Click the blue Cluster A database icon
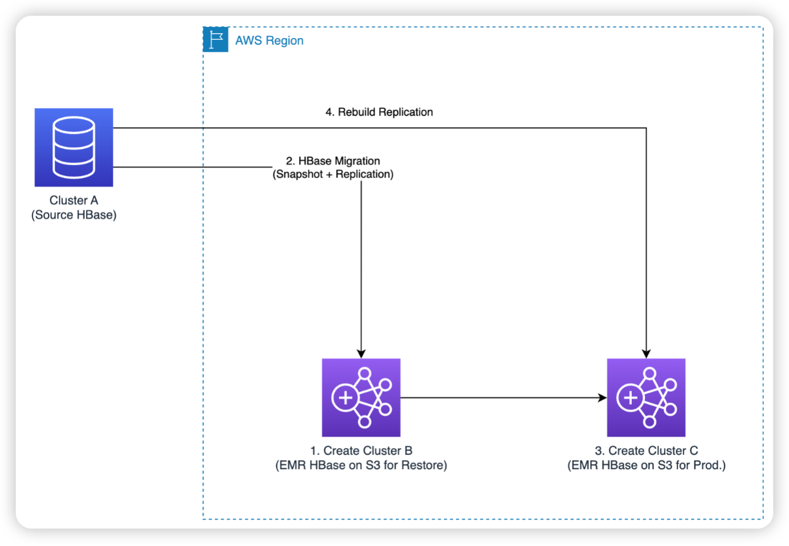click(x=74, y=147)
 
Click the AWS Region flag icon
click(x=215, y=40)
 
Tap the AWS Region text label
click(x=269, y=41)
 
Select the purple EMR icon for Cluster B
click(x=361, y=398)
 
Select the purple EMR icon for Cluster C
click(x=646, y=398)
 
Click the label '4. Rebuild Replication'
click(x=379, y=112)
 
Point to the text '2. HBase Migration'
click(x=333, y=161)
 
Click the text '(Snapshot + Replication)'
click(x=333, y=174)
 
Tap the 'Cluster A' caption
click(x=74, y=200)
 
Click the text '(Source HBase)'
click(x=74, y=215)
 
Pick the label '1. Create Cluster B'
click(x=361, y=451)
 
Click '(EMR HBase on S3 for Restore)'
click(x=361, y=465)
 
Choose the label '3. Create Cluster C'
click(x=646, y=451)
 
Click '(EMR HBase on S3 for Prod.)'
click(x=646, y=465)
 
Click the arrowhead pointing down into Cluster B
click(x=361, y=354)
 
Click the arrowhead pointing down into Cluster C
click(x=646, y=354)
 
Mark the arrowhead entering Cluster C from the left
click(x=602, y=398)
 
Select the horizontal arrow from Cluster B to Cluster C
click(x=497, y=398)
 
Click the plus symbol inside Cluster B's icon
click(x=345, y=398)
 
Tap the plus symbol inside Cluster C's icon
click(x=630, y=398)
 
